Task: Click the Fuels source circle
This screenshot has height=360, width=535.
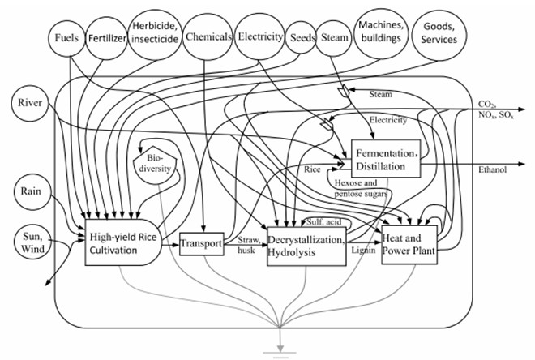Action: coord(67,37)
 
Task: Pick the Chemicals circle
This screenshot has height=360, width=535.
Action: coord(207,36)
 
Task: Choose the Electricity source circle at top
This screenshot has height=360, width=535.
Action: coord(260,36)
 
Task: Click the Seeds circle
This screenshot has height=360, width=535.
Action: coord(302,37)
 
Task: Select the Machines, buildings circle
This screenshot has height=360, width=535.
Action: coord(387,33)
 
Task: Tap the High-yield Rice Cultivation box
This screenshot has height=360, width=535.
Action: coord(122,242)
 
